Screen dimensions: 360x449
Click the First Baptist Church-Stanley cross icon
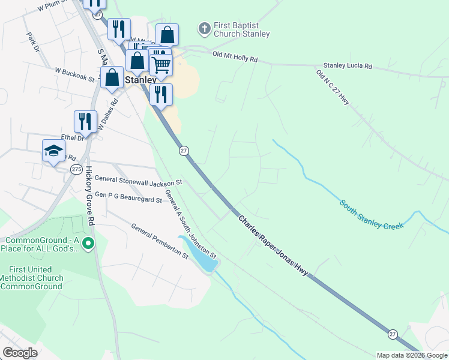[x=204, y=28]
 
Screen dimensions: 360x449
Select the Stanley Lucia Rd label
[x=348, y=65]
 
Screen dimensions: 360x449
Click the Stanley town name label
[x=140, y=79]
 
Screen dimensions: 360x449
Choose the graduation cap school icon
[x=53, y=151]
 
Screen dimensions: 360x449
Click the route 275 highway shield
[x=76, y=170]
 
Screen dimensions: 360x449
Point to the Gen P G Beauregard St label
[x=128, y=197]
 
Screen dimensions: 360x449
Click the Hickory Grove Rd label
[x=90, y=196]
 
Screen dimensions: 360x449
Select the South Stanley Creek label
[x=372, y=215]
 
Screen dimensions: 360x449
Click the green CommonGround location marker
[x=88, y=243]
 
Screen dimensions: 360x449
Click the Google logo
[x=20, y=353]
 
